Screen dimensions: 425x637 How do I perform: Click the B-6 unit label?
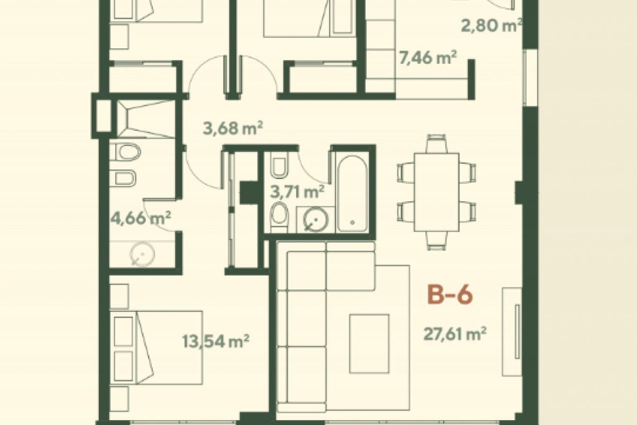click(450, 295)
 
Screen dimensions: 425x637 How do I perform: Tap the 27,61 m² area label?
click(455, 334)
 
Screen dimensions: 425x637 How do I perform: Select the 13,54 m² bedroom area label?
click(216, 340)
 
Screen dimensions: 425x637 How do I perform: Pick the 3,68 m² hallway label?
click(234, 128)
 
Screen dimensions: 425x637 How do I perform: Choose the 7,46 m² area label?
click(428, 57)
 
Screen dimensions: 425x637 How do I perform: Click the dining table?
click(436, 191)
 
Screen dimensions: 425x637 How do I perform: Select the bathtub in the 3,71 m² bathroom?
click(352, 191)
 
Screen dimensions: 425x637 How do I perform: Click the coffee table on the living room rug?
click(369, 343)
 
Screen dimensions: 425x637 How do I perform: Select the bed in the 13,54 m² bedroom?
click(157, 348)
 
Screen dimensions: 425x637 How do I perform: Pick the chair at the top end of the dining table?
click(436, 143)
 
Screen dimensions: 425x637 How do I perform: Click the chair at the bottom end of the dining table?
click(436, 240)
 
